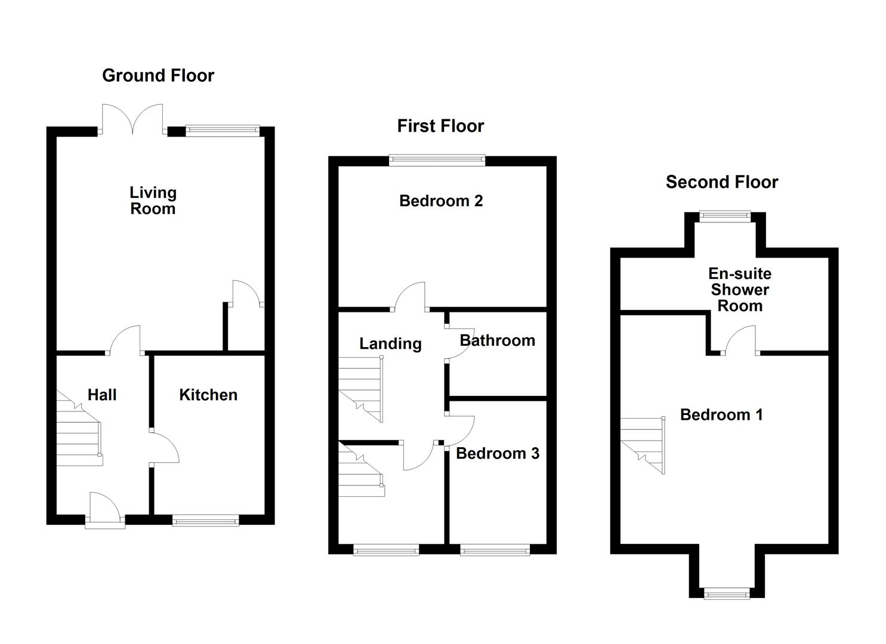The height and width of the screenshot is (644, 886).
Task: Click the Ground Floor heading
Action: click(x=158, y=75)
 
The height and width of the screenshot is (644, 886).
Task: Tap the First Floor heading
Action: click(x=440, y=126)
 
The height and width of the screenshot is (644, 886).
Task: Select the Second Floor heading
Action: click(x=722, y=182)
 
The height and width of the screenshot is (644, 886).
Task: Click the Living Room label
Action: click(x=153, y=201)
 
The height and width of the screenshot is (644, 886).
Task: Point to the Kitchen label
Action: click(x=208, y=395)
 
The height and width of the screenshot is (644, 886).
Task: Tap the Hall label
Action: click(x=102, y=395)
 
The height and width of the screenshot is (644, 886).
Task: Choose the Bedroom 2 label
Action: click(x=441, y=201)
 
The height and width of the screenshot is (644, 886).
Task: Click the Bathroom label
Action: click(x=498, y=340)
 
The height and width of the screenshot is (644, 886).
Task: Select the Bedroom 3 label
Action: click(x=498, y=453)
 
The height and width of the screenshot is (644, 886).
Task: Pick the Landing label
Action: click(x=390, y=343)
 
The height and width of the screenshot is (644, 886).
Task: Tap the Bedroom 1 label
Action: click(x=721, y=414)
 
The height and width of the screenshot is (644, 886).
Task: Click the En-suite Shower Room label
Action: click(x=740, y=290)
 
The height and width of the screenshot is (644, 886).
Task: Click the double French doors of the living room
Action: click(x=132, y=119)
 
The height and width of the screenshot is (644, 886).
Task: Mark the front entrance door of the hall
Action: click(x=105, y=510)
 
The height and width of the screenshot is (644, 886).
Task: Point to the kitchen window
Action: click(x=206, y=520)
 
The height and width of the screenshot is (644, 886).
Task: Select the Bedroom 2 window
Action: click(x=437, y=160)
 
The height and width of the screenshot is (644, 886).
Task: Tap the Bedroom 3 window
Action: click(x=495, y=550)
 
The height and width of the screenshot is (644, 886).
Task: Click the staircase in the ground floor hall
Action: click(x=79, y=428)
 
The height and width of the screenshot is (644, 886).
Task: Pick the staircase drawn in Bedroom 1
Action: click(x=643, y=445)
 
